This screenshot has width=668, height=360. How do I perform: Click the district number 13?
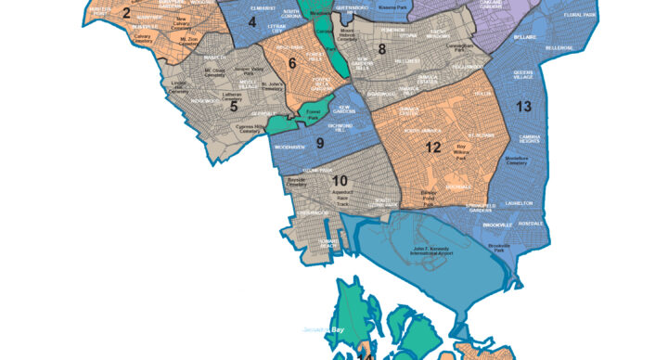tap(523, 107)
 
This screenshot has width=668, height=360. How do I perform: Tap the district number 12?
tap(432, 147)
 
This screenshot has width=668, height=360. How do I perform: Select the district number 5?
tap(234, 107)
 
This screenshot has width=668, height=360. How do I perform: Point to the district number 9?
tap(319, 143)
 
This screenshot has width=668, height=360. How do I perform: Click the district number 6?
tap(292, 63)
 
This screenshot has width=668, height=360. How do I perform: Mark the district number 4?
tap(252, 20)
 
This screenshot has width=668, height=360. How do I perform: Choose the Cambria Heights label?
tap(530, 138)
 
